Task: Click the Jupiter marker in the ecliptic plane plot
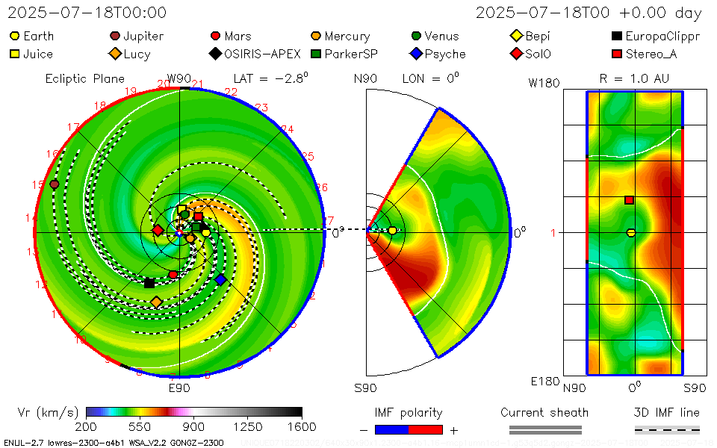[54, 184]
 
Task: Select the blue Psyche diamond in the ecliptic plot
[220, 280]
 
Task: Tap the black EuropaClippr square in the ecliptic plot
[149, 283]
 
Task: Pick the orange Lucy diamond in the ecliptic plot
[156, 302]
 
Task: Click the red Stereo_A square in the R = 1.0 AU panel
[630, 199]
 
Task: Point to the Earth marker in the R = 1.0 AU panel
[631, 233]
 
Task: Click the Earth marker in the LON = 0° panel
[392, 231]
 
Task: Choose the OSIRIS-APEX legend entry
[255, 54]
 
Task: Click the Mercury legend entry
[340, 36]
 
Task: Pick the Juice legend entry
[31, 54]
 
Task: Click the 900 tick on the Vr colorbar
[194, 426]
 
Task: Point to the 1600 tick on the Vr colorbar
[302, 426]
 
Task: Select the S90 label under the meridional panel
[365, 388]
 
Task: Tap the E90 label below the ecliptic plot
[179, 388]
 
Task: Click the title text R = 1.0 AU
[634, 78]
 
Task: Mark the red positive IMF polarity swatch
[426, 429]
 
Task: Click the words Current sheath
[544, 412]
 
